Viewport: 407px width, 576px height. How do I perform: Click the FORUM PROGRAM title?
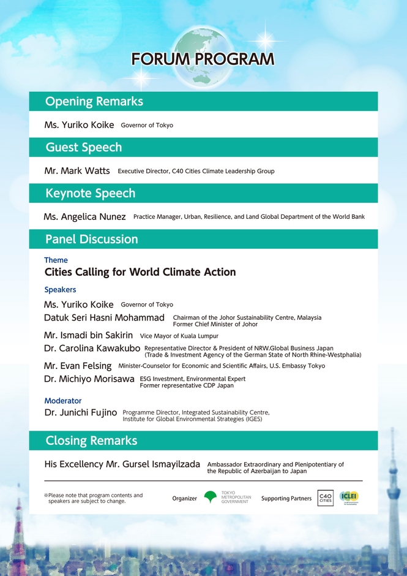[203, 59]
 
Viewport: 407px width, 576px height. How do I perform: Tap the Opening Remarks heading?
[94, 102]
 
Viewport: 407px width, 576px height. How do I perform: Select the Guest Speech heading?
[84, 148]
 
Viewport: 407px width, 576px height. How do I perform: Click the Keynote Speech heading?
[91, 194]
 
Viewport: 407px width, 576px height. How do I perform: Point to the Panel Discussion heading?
[92, 240]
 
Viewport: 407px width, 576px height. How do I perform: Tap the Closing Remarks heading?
[91, 441]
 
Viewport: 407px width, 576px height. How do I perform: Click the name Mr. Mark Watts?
[77, 171]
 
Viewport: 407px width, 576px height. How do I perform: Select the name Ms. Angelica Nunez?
[85, 217]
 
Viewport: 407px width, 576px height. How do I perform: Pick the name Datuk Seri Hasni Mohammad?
[104, 318]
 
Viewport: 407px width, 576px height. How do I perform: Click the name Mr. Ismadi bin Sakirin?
[88, 335]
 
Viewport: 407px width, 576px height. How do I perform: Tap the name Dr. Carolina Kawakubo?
[92, 349]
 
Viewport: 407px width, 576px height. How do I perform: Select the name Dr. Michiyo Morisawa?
[89, 379]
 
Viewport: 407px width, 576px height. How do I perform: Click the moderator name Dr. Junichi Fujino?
[81, 413]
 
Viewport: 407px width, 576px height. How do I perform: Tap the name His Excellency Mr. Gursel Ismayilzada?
[122, 464]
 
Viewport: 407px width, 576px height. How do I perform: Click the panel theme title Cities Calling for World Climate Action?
[140, 272]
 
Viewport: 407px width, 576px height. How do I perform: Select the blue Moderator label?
[64, 401]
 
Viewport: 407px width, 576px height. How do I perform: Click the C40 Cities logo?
[326, 498]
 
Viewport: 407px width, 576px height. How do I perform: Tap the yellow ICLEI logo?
[349, 497]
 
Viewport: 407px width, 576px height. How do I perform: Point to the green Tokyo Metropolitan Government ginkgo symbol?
[211, 498]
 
